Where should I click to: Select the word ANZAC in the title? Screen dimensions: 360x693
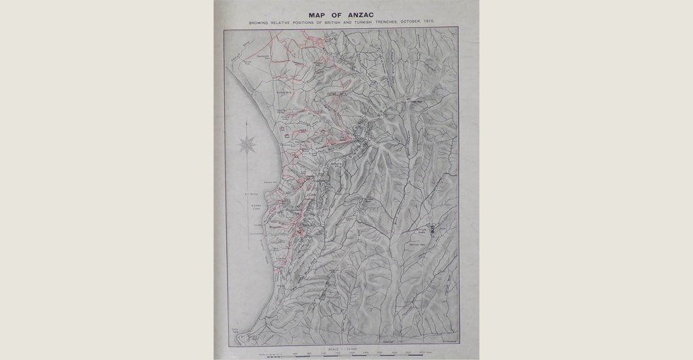point(360,15)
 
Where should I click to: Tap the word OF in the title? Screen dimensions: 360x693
point(336,15)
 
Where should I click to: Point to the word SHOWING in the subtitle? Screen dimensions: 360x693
point(259,23)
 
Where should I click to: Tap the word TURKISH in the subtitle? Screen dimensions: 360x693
point(370,23)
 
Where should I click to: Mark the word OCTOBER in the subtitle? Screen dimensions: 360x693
point(415,23)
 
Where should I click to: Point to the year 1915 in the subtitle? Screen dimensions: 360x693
point(430,23)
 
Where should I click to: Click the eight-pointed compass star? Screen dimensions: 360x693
point(248,146)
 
